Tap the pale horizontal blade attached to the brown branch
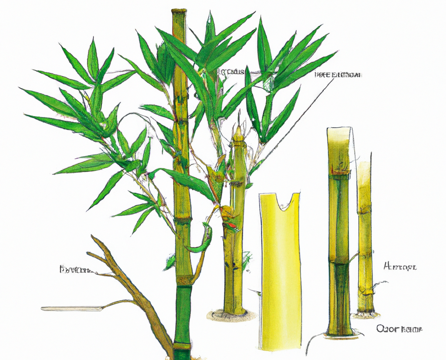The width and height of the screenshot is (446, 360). coord(72,309)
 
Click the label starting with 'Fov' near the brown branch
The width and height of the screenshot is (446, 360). coord(75,270)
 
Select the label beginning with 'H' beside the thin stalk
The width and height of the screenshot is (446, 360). coord(400,266)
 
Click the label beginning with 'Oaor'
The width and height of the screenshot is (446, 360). coord(399,329)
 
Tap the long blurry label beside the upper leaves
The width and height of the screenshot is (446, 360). coord(338,75)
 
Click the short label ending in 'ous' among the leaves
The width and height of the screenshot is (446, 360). coord(231,72)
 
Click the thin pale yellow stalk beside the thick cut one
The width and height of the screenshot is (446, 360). coord(365,235)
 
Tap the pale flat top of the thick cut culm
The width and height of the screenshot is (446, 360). coord(339,131)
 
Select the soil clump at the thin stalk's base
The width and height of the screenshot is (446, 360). coord(366,313)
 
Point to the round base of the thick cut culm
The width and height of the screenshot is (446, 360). coord(340,333)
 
